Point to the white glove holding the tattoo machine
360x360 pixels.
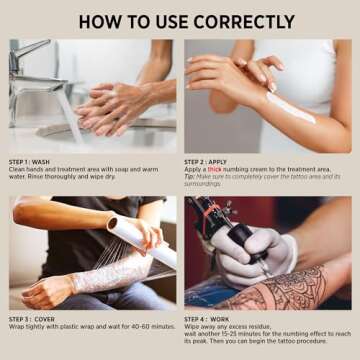point(240,255)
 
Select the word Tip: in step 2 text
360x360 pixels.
point(190,177)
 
